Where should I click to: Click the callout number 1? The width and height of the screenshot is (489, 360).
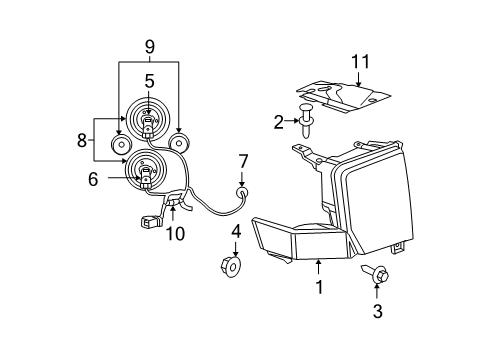pyautogui.click(x=319, y=287)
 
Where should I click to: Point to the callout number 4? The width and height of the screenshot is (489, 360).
pyautogui.click(x=236, y=231)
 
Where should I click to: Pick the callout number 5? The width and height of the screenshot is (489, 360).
pyautogui.click(x=148, y=81)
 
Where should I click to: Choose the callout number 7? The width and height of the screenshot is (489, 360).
pyautogui.click(x=242, y=160)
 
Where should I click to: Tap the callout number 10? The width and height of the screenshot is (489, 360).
pyautogui.click(x=176, y=234)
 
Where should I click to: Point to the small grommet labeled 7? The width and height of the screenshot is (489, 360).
pyautogui.click(x=241, y=190)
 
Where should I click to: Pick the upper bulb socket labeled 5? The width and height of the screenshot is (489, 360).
pyautogui.click(x=148, y=123)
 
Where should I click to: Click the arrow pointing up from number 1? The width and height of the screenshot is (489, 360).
pyautogui.click(x=319, y=267)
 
